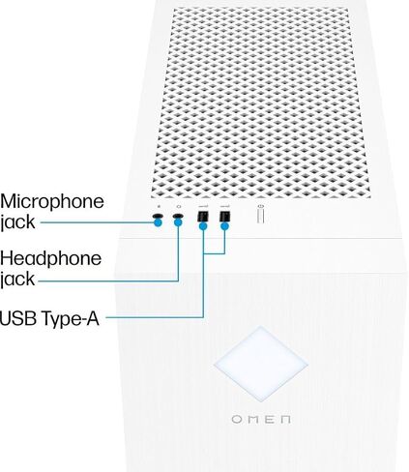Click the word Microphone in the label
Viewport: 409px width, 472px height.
coord(52,202)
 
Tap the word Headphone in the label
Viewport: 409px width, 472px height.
coord(50,258)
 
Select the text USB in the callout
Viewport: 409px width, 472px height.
coord(17,318)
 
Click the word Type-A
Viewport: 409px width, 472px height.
coord(70,319)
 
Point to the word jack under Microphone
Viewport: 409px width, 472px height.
coord(17,222)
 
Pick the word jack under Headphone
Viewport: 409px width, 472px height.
coord(17,280)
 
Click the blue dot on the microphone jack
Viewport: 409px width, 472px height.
coord(158,222)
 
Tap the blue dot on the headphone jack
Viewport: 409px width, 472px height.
coord(178,222)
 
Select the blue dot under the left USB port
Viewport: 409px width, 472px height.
coord(203,226)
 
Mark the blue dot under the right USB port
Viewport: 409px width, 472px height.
coord(224,226)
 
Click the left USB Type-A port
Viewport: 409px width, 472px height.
coord(202,216)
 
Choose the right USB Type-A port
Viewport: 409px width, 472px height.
coord(224,216)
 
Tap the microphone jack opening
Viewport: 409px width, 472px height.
coord(158,216)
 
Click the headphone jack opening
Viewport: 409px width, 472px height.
coord(178,216)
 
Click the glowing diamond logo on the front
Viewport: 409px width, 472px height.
coord(260,364)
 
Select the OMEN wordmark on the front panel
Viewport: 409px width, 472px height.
coord(261,420)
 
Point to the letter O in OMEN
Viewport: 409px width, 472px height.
coord(237,420)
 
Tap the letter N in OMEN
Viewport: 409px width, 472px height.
coord(285,420)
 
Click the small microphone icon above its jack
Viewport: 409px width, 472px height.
coord(159,206)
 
